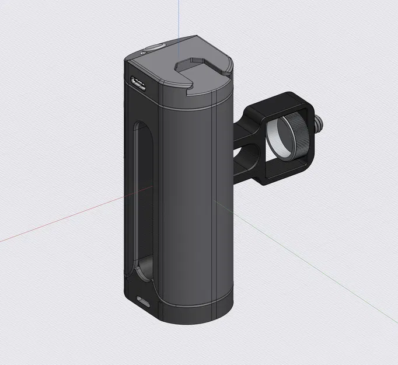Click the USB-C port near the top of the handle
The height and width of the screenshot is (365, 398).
138,84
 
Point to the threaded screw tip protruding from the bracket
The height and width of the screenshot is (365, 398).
320,123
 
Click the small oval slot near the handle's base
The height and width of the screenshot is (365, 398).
142,301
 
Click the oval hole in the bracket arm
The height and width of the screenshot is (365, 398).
245,157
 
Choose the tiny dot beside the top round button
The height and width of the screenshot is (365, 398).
144,53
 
